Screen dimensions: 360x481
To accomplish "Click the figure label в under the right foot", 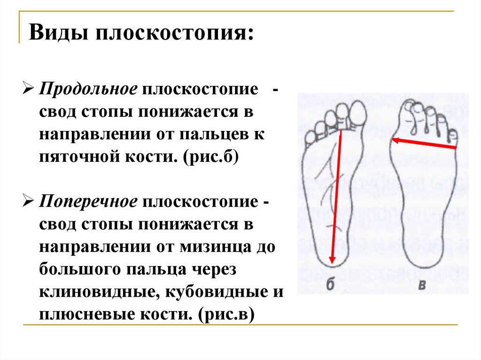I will click(x=422, y=284).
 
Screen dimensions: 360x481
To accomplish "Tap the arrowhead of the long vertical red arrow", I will click(x=332, y=261).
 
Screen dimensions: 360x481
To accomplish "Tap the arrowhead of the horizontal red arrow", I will click(x=396, y=139).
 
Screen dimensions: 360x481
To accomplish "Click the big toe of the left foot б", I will click(x=358, y=113).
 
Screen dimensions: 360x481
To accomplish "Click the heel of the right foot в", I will click(x=423, y=256).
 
